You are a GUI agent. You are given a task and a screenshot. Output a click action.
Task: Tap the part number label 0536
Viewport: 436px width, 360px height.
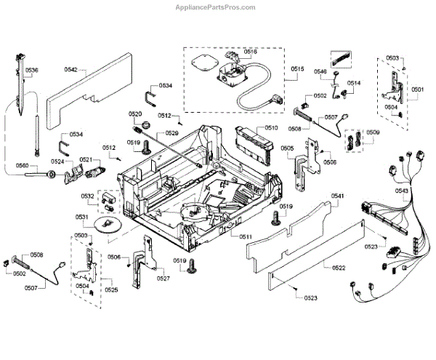pos(33,70)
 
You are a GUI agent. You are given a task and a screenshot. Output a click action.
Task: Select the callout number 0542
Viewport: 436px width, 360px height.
pos(70,70)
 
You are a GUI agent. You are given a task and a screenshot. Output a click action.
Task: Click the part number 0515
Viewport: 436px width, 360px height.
pos(298,69)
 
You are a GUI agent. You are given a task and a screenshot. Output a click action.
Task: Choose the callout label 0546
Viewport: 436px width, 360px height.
pos(320,71)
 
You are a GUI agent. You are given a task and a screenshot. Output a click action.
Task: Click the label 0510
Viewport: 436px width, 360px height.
pos(271,128)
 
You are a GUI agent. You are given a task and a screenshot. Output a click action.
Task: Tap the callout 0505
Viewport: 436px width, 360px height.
pos(288,148)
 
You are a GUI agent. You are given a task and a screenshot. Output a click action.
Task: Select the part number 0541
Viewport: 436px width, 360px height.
pos(338,196)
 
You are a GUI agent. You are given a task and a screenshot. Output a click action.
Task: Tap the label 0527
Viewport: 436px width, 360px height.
pos(163,278)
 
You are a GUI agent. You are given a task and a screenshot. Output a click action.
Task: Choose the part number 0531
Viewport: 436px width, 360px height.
pos(81,217)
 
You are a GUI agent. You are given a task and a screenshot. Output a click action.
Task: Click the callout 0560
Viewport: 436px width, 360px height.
pos(23,167)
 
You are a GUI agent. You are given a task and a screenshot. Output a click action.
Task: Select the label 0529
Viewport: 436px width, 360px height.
pos(171,133)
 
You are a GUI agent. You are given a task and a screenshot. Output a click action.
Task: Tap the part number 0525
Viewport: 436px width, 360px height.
pos(111,290)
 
